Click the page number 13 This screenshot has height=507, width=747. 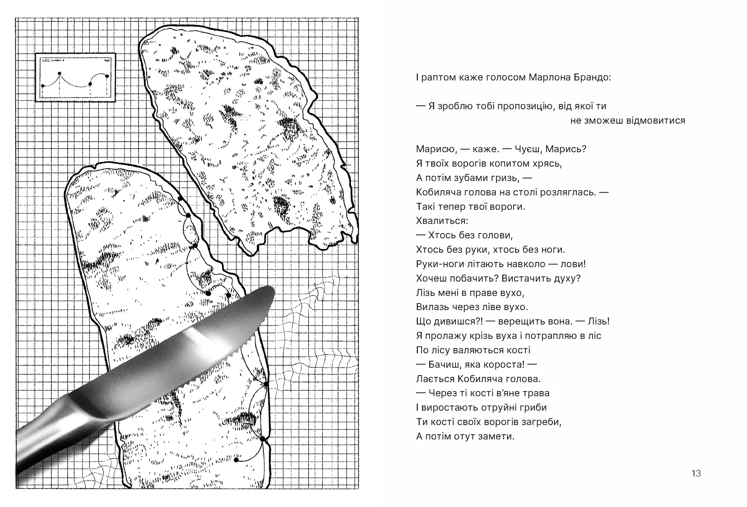(x=696, y=473)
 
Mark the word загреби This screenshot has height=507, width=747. (x=543, y=422)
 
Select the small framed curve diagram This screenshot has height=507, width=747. (x=75, y=77)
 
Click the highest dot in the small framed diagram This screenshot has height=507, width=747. (x=60, y=73)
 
